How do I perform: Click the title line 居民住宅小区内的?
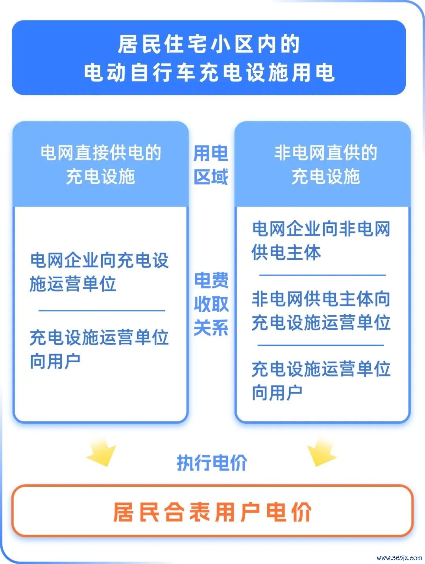click(209, 44)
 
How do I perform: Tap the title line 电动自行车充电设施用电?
click(209, 73)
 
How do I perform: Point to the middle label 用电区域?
click(211, 165)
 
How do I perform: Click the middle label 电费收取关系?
click(211, 304)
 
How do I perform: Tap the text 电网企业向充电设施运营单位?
click(99, 272)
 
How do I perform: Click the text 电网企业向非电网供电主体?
click(321, 240)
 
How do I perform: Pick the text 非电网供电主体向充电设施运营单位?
click(321, 311)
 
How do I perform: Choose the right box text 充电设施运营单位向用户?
click(321, 381)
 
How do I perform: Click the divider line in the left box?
click(102, 311)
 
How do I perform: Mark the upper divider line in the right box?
click(322, 275)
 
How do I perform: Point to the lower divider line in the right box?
click(321, 345)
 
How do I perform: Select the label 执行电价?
click(212, 462)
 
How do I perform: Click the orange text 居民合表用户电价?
click(213, 512)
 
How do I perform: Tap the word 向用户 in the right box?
click(277, 393)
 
